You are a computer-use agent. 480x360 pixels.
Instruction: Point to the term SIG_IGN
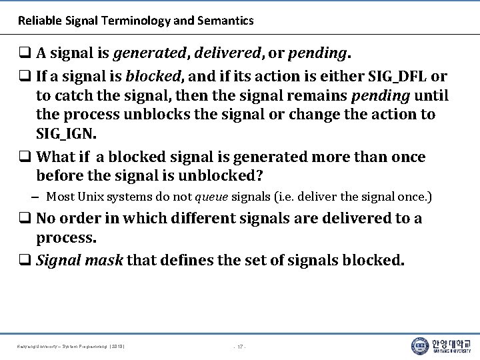[66, 135]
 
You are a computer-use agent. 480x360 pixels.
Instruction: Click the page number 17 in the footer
[240, 347]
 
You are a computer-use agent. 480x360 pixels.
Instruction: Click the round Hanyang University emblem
[420, 346]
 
